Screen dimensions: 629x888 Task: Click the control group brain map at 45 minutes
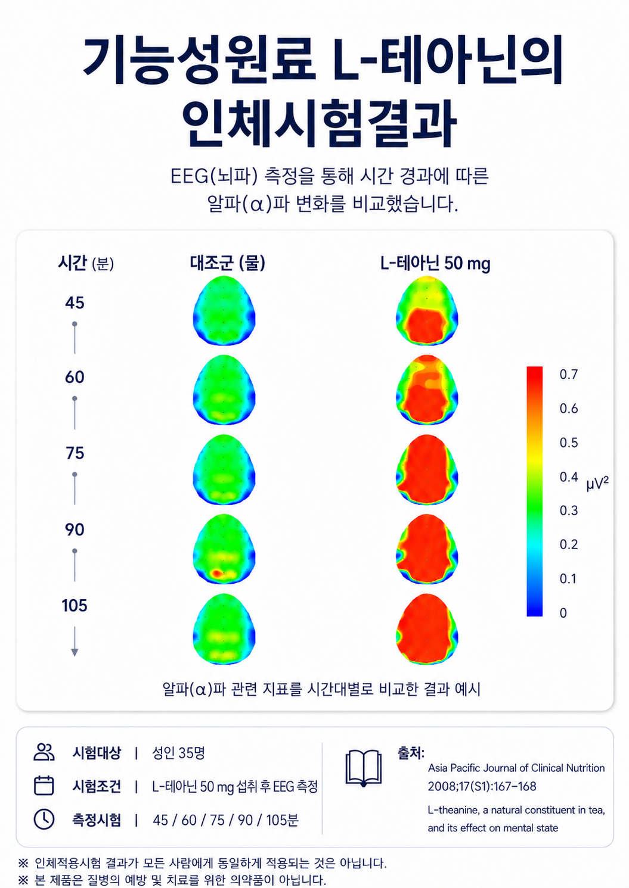pyautogui.click(x=224, y=310)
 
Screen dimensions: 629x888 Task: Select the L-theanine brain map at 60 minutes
pyautogui.click(x=427, y=390)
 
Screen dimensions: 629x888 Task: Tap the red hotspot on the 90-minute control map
pyautogui.click(x=216, y=573)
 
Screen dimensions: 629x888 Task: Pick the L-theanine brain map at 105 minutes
pyautogui.click(x=427, y=629)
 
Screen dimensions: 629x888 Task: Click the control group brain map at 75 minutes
pyautogui.click(x=224, y=469)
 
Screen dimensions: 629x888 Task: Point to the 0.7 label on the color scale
pyautogui.click(x=569, y=374)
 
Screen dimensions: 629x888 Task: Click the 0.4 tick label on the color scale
pyautogui.click(x=569, y=476)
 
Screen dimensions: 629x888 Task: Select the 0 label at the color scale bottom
pyautogui.click(x=563, y=613)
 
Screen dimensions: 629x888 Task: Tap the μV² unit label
pyautogui.click(x=597, y=484)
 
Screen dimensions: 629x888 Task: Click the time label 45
pyautogui.click(x=75, y=303)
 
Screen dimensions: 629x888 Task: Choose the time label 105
pyautogui.click(x=74, y=606)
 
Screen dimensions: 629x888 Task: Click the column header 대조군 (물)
pyautogui.click(x=227, y=263)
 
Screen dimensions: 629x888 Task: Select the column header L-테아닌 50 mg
pyautogui.click(x=435, y=264)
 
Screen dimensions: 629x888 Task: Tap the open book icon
pyautogui.click(x=364, y=768)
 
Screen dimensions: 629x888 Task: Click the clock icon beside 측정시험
pyautogui.click(x=44, y=819)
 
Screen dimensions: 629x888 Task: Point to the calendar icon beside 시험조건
pyautogui.click(x=44, y=786)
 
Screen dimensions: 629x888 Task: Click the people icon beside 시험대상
pyautogui.click(x=44, y=752)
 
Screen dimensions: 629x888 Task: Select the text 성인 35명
pyautogui.click(x=178, y=753)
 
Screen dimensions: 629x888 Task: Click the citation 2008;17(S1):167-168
pyautogui.click(x=482, y=786)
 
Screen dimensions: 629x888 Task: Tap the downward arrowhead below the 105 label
pyautogui.click(x=74, y=653)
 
